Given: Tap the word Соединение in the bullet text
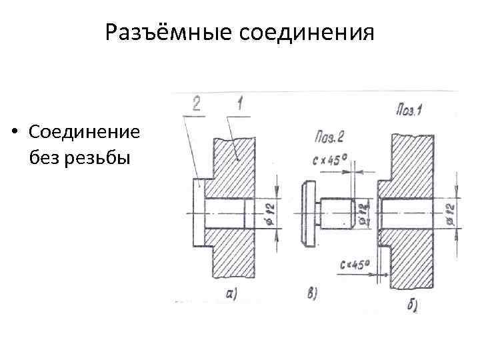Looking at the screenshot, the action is [x=85, y=132].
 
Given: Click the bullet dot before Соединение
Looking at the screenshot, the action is [x=15, y=133].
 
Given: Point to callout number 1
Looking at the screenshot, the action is [x=237, y=103].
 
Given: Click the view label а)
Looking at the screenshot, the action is [x=232, y=294].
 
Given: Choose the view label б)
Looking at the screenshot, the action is [x=413, y=306].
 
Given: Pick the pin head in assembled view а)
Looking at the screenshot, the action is [x=198, y=213].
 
